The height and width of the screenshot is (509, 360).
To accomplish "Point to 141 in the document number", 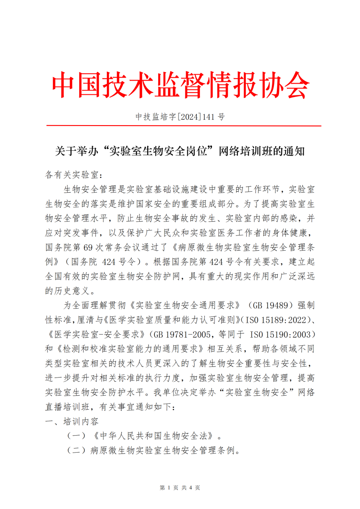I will point(208,116).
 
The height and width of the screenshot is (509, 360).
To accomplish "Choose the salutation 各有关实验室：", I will point(74,175).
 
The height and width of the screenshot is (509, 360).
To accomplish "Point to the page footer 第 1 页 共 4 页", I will point(180,488).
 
